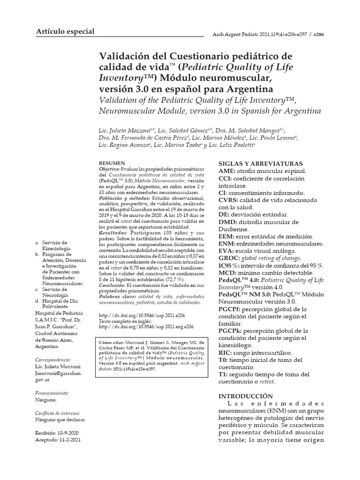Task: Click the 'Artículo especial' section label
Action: pos(65,31)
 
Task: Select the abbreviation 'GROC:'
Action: pos(229,258)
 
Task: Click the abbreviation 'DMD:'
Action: pos(228,222)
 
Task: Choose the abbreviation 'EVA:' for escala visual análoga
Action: pos(227,251)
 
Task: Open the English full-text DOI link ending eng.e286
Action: pos(146,328)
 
